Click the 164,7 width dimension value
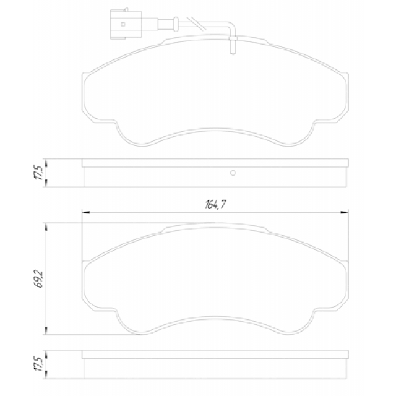coord(215,204)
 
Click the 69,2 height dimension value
coord(38,279)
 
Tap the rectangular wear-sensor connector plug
coord(126,24)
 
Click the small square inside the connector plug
coord(123,24)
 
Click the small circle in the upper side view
coord(233,173)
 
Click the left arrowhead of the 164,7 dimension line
coord(86,212)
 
